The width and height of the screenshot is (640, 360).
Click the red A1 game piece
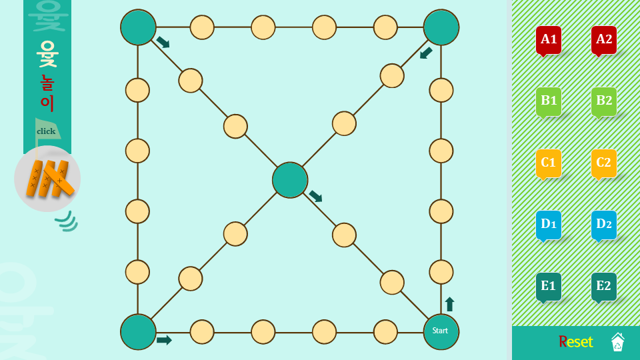[x=549, y=39]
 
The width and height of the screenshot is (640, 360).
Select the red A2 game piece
[x=604, y=39]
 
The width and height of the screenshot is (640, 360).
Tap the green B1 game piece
[x=549, y=101]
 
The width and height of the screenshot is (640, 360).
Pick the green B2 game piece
[x=604, y=101]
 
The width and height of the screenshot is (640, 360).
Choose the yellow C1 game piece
[x=549, y=163]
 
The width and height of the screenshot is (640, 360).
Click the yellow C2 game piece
[x=604, y=163]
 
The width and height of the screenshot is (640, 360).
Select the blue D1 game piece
[x=549, y=224]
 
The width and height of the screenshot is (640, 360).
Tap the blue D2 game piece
[x=604, y=224]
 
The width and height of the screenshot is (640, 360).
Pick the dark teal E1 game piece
[x=549, y=286]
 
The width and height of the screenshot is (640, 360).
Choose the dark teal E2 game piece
[x=604, y=286]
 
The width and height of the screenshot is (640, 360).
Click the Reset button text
[x=575, y=342]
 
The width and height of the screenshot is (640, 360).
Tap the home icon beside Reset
[x=617, y=342]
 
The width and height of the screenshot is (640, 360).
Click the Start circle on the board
[x=441, y=331]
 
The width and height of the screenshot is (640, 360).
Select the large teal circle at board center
[x=290, y=180]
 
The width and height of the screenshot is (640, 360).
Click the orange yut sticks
[x=48, y=179]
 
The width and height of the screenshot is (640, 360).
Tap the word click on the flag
[x=46, y=131]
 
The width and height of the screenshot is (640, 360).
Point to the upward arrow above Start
[x=449, y=305]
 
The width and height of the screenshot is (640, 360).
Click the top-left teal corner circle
[x=138, y=27]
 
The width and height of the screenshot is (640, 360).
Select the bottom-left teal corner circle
[x=138, y=331]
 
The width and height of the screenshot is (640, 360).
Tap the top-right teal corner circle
[x=441, y=27]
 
